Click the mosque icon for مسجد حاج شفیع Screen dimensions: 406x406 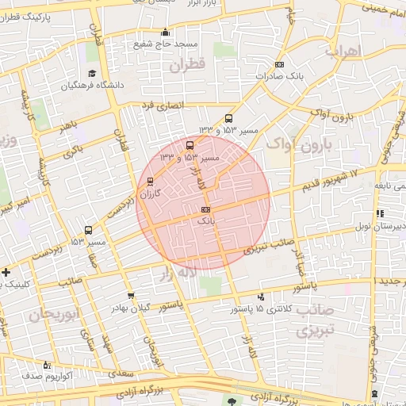click(165, 33)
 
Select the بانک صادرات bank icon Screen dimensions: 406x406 click(278, 64)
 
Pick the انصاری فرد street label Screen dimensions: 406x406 click(162, 105)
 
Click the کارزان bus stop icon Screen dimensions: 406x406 click(151, 181)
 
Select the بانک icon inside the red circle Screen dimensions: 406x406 click(206, 209)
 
